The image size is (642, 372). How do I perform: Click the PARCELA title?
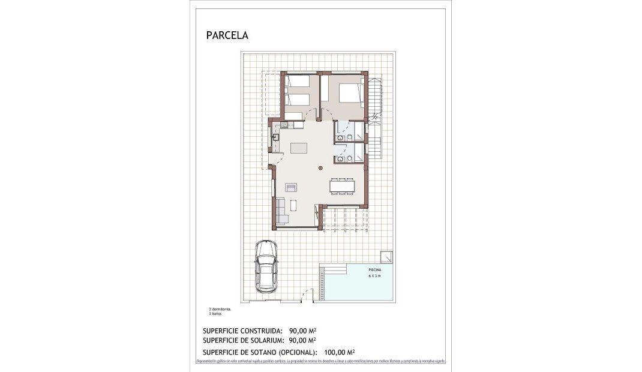227,35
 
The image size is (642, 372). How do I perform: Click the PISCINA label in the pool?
374,270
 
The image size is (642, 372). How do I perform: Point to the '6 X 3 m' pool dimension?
374,276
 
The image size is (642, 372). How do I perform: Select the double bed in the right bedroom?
350,93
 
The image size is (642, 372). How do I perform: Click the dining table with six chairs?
342,187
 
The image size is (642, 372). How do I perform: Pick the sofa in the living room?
281,211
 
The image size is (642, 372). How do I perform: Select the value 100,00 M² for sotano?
339,352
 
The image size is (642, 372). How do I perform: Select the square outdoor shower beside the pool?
387,256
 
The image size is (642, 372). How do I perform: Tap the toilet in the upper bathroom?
340,137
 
